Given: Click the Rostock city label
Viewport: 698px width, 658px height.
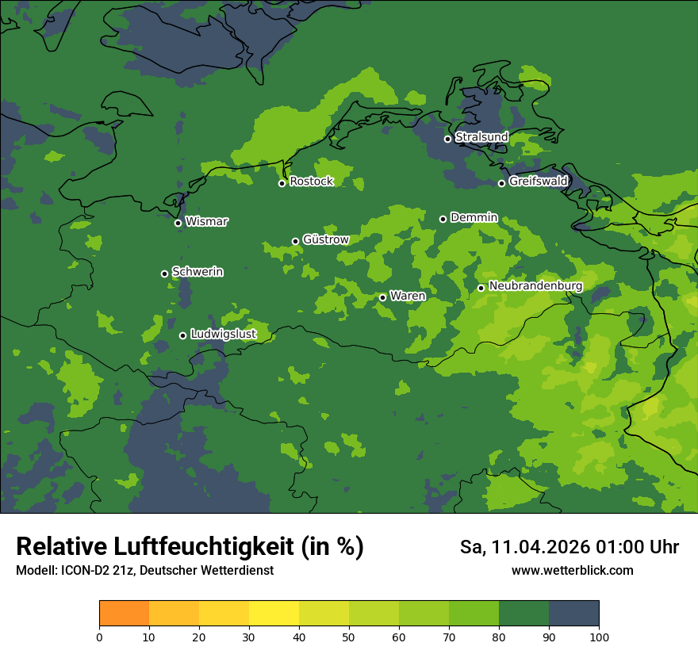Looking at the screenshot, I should (311, 182).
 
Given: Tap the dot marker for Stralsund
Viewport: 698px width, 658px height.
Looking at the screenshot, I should (447, 139).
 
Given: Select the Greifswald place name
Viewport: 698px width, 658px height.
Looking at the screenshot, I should (538, 182).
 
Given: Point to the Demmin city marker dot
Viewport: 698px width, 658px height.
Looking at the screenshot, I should (443, 219).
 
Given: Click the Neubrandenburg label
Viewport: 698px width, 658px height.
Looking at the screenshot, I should (535, 286).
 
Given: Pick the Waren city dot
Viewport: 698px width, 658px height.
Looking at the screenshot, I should (382, 297).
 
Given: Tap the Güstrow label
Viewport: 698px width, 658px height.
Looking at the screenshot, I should (325, 239).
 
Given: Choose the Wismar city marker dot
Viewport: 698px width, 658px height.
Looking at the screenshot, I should (178, 223).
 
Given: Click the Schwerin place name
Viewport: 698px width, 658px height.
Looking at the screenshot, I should (198, 272).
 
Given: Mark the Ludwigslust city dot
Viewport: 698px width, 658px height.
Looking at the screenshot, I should (182, 335).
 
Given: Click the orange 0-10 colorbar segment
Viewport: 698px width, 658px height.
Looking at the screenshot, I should (124, 614).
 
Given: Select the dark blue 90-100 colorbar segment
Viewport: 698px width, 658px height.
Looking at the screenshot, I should (573, 614).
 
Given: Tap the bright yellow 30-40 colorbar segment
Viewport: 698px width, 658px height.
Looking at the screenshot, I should (274, 614).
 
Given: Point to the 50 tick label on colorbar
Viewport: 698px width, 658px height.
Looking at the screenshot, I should (349, 637).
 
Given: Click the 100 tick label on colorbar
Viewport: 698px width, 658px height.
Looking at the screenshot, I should (599, 637).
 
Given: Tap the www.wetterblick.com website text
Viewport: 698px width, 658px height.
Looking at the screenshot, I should (572, 570).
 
